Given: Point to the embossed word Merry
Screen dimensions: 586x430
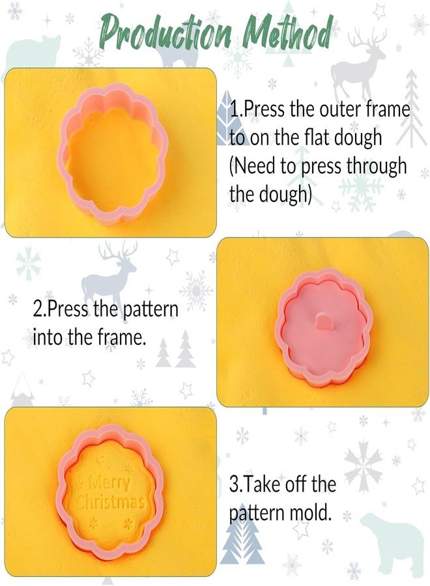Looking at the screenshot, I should pos(109,483).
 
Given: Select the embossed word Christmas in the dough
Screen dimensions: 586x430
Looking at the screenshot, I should pos(109,503).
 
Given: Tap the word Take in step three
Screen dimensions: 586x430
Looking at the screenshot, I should pos(266,484).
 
